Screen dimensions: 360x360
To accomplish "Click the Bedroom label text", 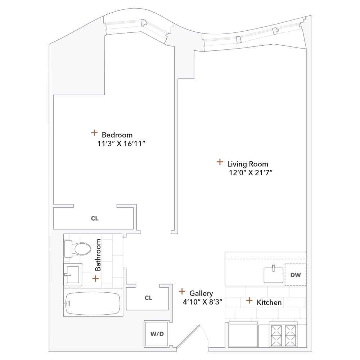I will pyautogui.click(x=117, y=135).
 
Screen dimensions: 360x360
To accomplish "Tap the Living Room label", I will pyautogui.click(x=248, y=164).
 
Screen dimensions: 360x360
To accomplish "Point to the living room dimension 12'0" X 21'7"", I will pyautogui.click(x=250, y=173).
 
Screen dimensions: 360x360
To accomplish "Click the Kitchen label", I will pyautogui.click(x=269, y=302).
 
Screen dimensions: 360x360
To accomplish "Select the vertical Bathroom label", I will pyautogui.click(x=98, y=255).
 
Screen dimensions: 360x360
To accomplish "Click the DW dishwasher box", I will pyautogui.click(x=295, y=275).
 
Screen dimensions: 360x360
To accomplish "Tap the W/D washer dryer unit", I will pyautogui.click(x=157, y=334).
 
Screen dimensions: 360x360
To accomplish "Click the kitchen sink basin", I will pyautogui.click(x=274, y=275).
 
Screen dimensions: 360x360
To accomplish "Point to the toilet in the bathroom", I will pyautogui.click(x=78, y=248).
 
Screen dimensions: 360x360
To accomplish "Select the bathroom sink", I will pyautogui.click(x=72, y=275).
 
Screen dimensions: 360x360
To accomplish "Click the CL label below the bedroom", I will pyautogui.click(x=94, y=218).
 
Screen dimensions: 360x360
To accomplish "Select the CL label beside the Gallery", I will pyautogui.click(x=148, y=298).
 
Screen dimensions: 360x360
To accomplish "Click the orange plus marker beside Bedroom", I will pyautogui.click(x=94, y=133).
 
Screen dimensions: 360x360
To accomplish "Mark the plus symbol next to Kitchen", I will pyautogui.click(x=249, y=300).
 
